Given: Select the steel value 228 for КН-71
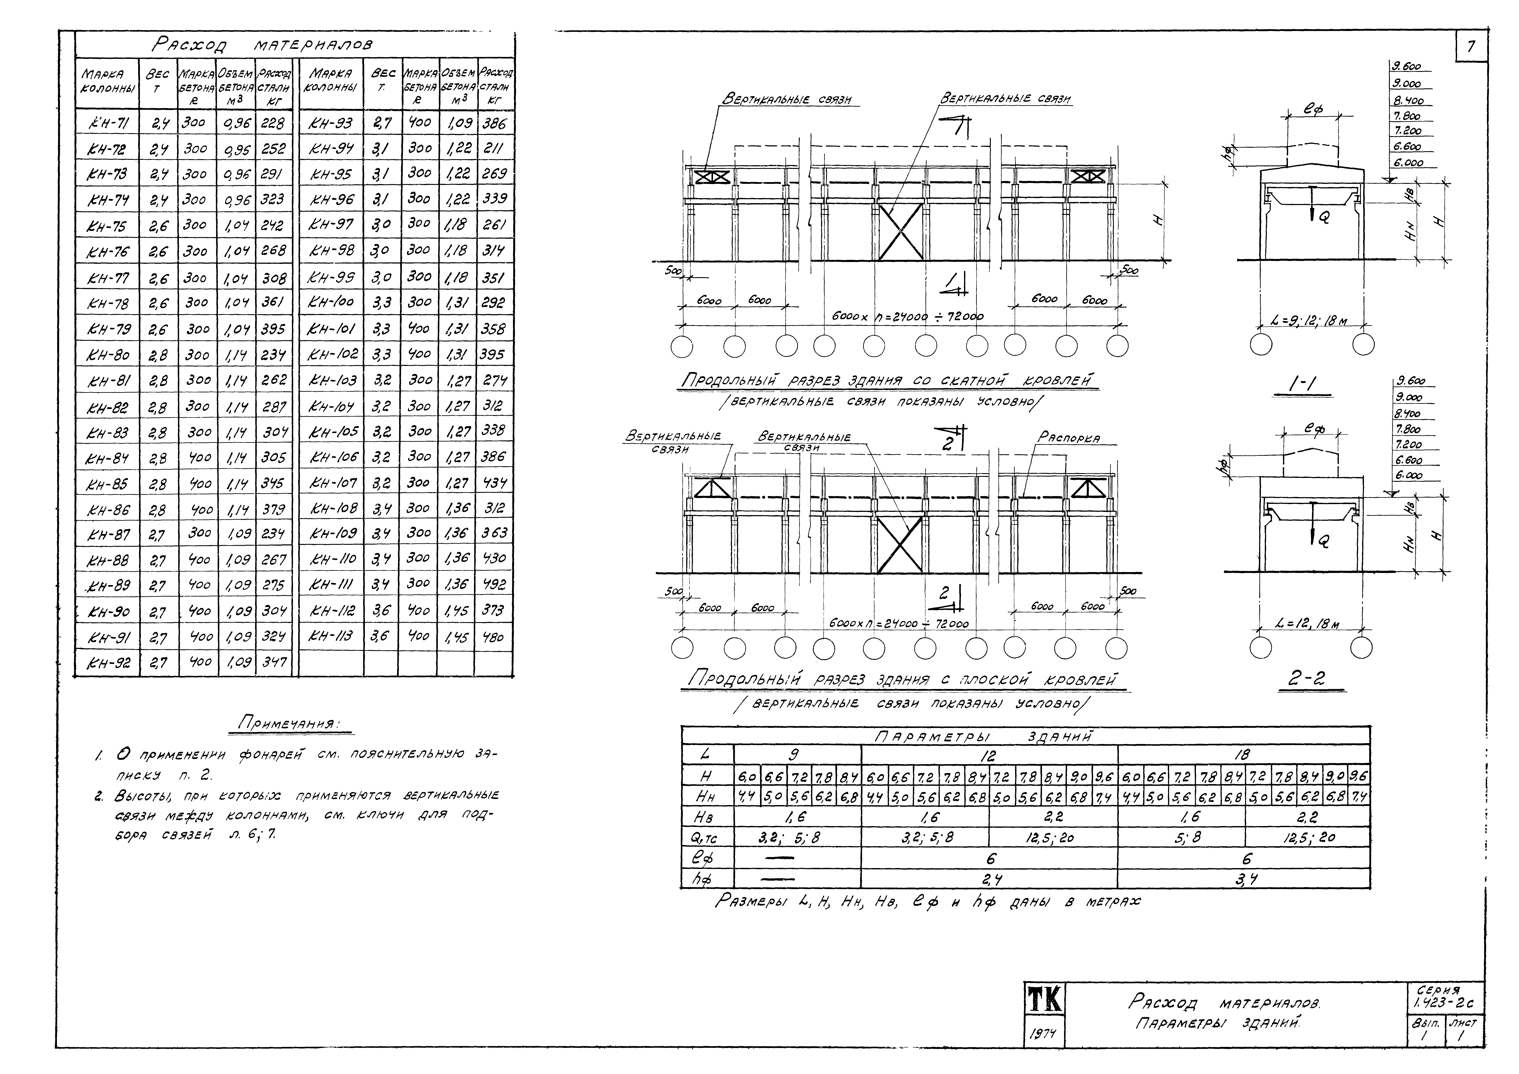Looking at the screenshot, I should pos(273,123).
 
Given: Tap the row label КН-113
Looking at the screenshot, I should pos(331,636).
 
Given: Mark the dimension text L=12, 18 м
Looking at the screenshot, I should pos(1307,624).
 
